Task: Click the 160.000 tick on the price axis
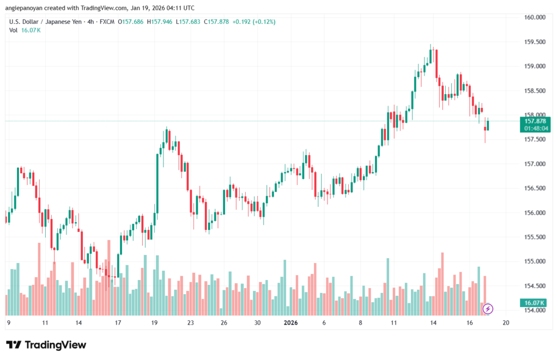(535, 17)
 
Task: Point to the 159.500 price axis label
(535, 42)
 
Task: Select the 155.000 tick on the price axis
(535, 261)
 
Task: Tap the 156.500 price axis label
(535, 188)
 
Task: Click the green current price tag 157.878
(535, 121)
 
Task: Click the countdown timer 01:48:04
(535, 129)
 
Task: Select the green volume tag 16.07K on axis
(535, 302)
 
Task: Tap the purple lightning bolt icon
(488, 309)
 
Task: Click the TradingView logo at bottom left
(46, 345)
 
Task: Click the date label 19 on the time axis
(155, 322)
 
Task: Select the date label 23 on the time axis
(190, 322)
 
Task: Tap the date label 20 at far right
(506, 322)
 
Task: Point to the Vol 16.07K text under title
(25, 30)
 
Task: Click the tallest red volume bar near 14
(442, 284)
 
